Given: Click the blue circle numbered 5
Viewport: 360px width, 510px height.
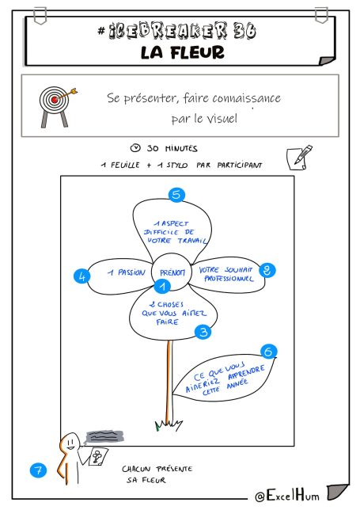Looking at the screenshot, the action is point(176,195).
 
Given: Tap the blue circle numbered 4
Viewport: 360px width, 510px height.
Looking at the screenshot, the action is point(81,276).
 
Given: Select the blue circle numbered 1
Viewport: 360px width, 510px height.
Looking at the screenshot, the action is point(162,286).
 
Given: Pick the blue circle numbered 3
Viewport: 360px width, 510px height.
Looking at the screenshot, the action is point(203,332).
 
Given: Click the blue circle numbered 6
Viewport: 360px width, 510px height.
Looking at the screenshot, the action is point(269,352).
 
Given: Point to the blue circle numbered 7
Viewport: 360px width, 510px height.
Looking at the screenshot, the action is point(38,470).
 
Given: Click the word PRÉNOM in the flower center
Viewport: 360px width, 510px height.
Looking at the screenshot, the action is point(172,272).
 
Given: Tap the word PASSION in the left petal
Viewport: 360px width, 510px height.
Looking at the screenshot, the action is point(131,272).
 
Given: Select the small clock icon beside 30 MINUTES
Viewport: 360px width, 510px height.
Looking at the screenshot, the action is point(135,148).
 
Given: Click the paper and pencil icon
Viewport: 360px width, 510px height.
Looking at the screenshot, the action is point(299,157).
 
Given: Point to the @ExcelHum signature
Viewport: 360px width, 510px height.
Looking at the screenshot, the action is point(287,496).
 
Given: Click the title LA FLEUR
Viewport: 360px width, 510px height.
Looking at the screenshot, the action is point(183,52).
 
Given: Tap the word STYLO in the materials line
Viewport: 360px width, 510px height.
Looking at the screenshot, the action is point(177,166).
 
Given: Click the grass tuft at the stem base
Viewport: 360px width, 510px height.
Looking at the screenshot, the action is point(169,424).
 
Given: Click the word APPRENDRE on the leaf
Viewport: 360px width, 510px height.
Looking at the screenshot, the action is point(246,372).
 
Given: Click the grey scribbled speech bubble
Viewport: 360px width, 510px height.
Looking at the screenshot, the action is point(104,436).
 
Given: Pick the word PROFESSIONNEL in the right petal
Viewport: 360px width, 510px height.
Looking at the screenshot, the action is point(229,279).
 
